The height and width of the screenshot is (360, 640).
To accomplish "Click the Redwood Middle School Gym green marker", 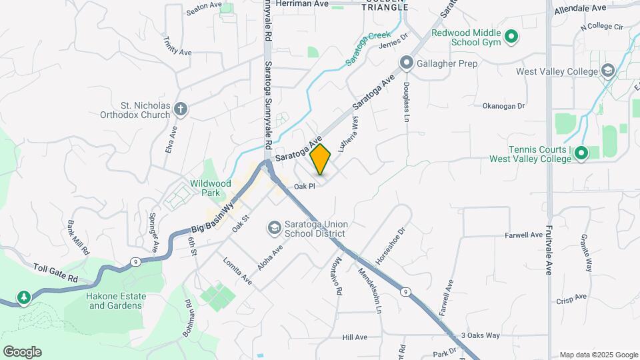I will [x=511, y=37].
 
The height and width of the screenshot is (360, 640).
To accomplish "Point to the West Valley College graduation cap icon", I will [x=607, y=71].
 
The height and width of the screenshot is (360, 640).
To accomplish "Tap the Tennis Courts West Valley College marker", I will [x=581, y=154].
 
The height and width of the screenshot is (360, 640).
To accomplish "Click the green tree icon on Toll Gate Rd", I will [x=24, y=297].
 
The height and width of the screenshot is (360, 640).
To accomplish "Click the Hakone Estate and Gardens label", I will [x=115, y=301].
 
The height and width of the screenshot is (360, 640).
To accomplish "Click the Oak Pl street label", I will [x=303, y=187].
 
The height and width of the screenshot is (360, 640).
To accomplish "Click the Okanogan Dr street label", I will [x=504, y=106].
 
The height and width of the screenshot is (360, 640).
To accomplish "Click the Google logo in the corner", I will [x=22, y=352].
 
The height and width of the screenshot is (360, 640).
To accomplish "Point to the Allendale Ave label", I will [x=580, y=7].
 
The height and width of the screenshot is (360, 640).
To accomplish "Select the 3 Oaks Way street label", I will [x=480, y=335].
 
